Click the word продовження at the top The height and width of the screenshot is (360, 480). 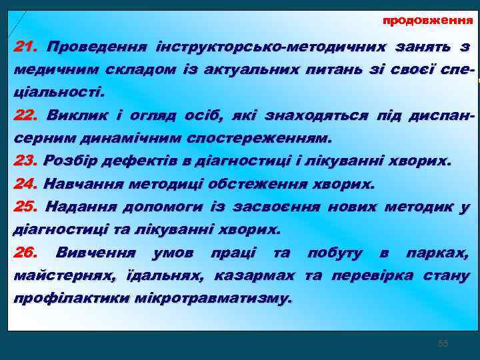tap(427, 21)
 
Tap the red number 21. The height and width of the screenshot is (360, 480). tap(26, 47)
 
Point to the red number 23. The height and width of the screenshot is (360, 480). tap(26, 161)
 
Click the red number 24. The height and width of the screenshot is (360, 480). tap(26, 183)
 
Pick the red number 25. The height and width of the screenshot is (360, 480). tap(26, 207)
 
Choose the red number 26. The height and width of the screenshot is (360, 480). tap(26, 253)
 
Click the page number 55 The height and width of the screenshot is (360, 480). tap(443, 343)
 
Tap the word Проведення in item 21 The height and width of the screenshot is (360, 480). tap(95, 47)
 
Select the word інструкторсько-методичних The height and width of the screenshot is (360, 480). tap(270, 47)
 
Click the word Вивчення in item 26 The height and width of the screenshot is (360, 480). tap(96, 253)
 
